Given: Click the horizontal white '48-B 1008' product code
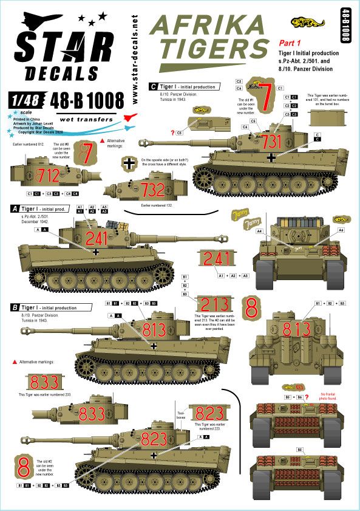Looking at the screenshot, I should click(x=84, y=98).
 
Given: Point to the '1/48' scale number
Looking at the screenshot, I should click(x=26, y=97).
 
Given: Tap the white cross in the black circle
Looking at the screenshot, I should click(x=130, y=163).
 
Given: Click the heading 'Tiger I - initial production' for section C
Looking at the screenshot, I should click(x=188, y=87).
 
